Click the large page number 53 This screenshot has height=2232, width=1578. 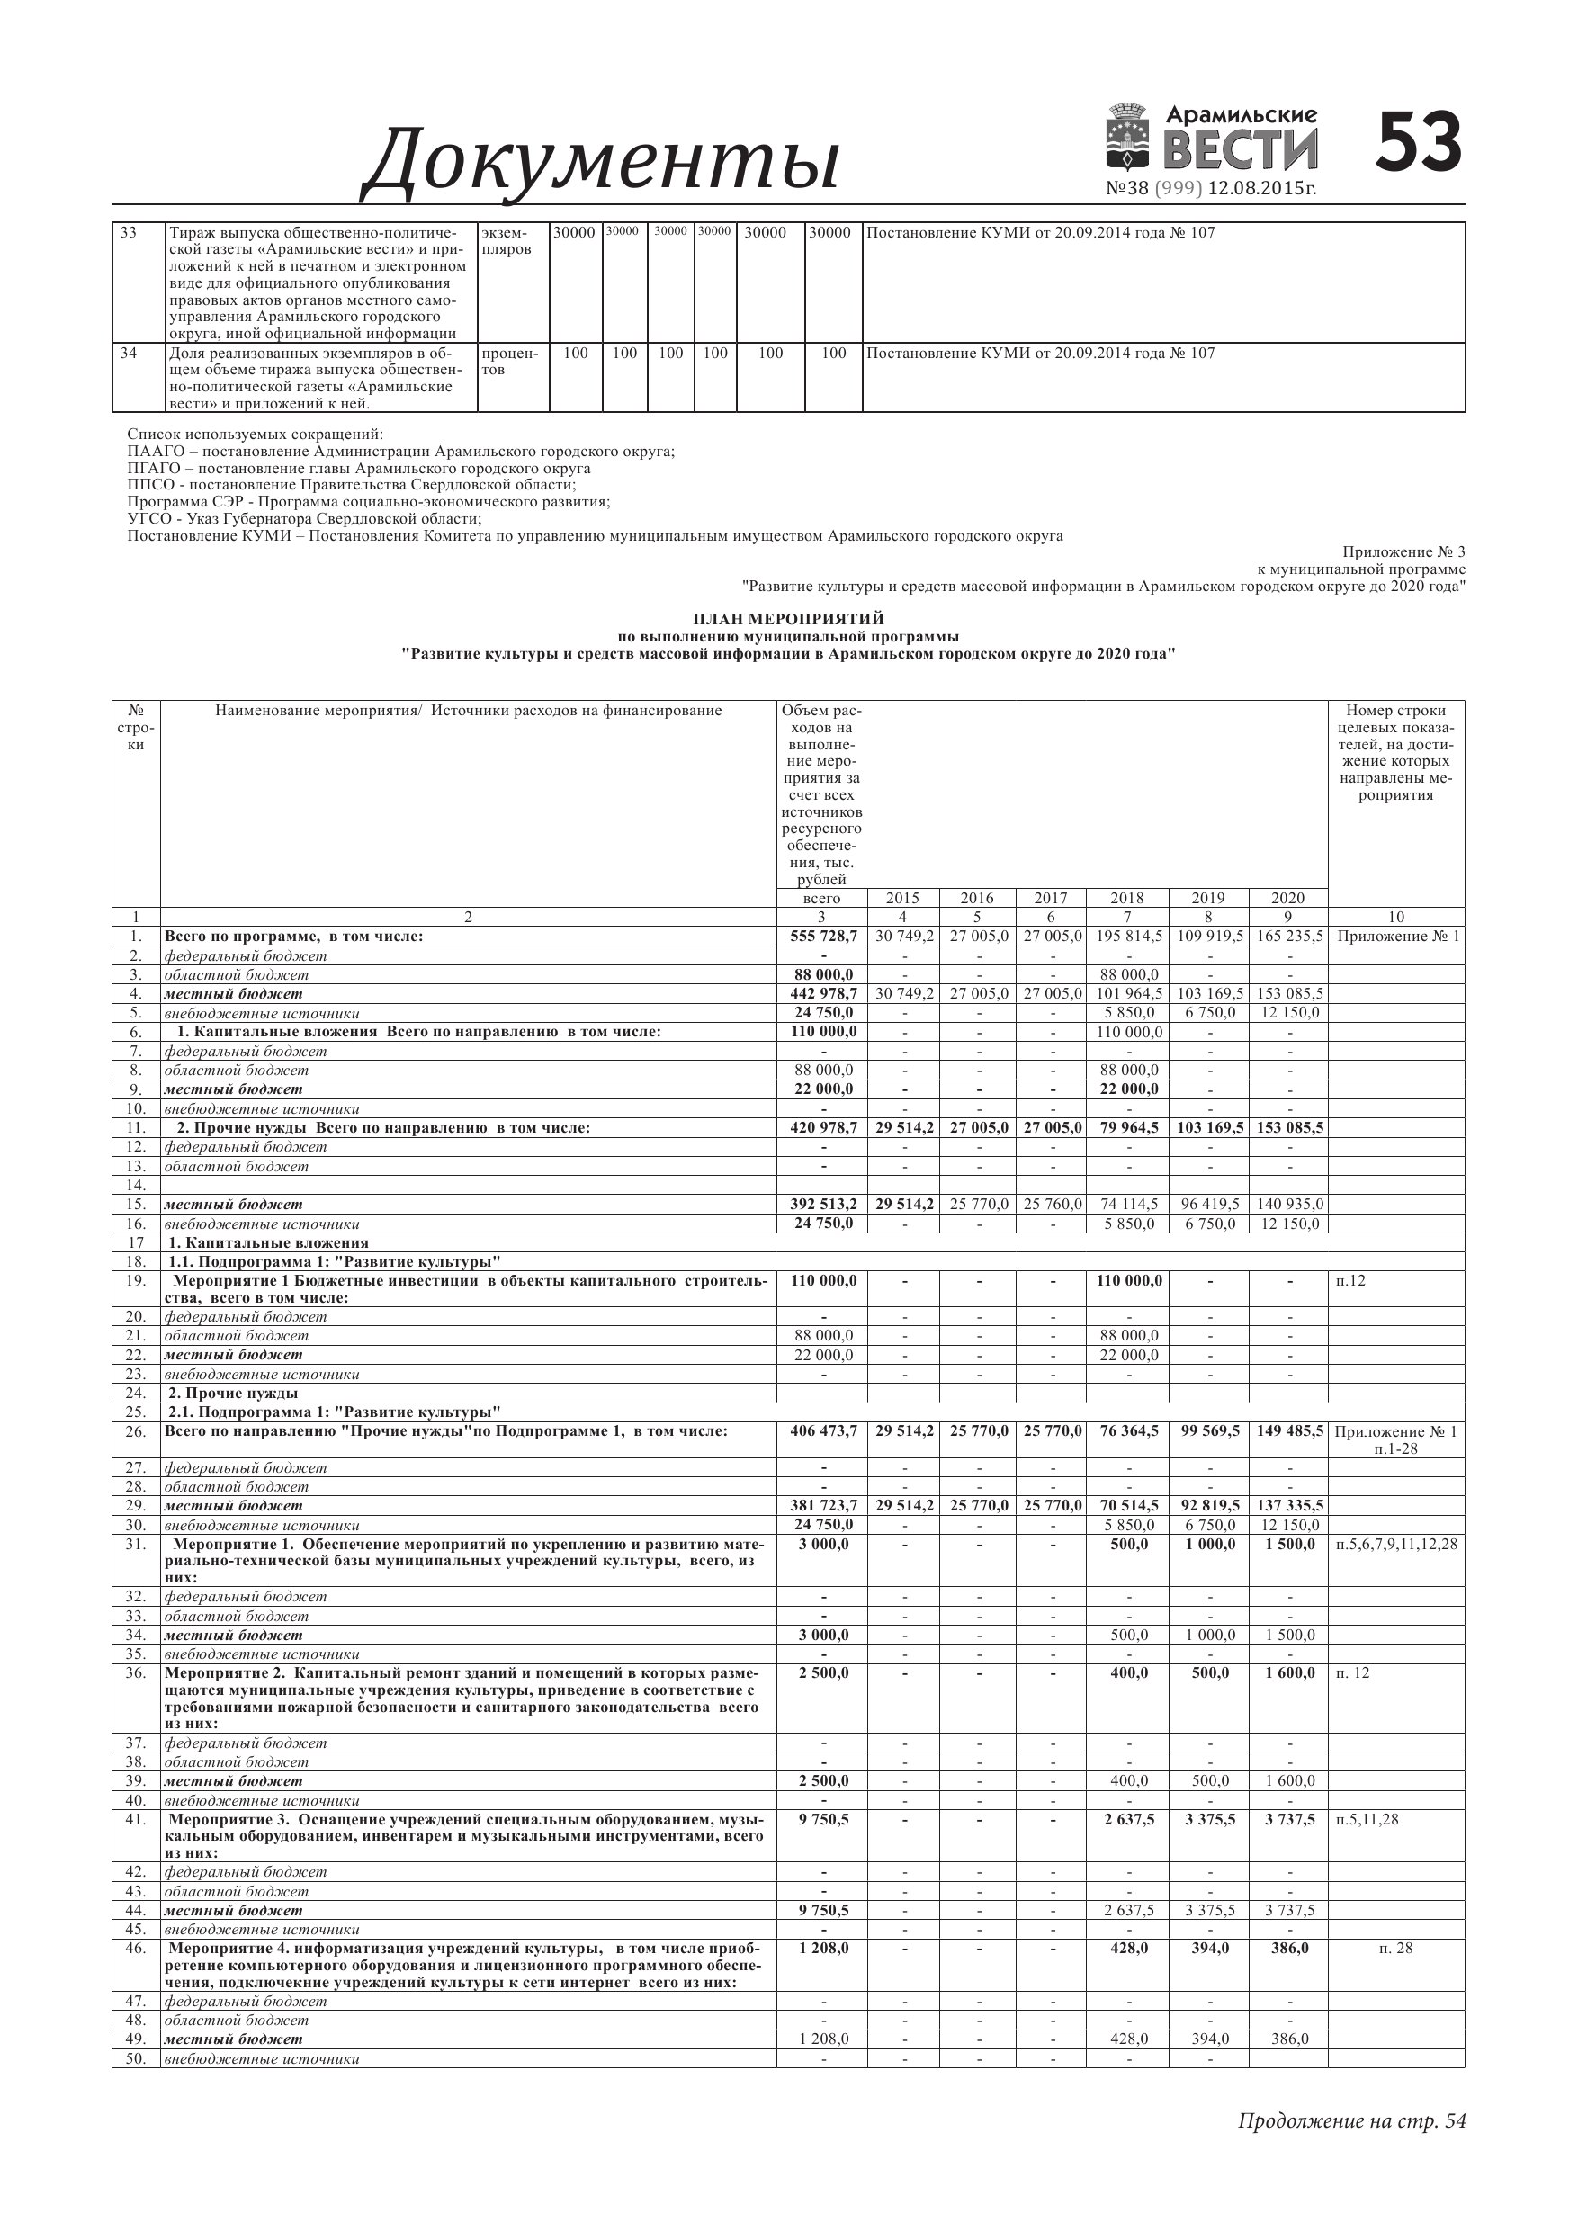click(1419, 143)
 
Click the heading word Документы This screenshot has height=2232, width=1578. click(600, 159)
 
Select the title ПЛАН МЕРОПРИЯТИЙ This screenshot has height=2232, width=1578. click(787, 618)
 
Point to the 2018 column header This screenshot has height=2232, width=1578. click(1127, 898)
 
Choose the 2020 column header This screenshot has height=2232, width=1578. click(1287, 898)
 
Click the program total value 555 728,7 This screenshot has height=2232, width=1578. click(822, 937)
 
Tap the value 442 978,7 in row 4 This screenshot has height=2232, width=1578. click(822, 993)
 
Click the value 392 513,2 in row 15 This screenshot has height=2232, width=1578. click(822, 1205)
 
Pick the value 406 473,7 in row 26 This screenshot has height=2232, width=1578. click(822, 1432)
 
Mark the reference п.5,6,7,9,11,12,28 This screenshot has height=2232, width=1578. click(1396, 1544)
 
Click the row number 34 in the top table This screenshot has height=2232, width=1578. click(129, 353)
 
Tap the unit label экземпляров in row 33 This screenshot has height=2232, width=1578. click(506, 241)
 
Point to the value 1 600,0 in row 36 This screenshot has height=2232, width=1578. click(1289, 1673)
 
